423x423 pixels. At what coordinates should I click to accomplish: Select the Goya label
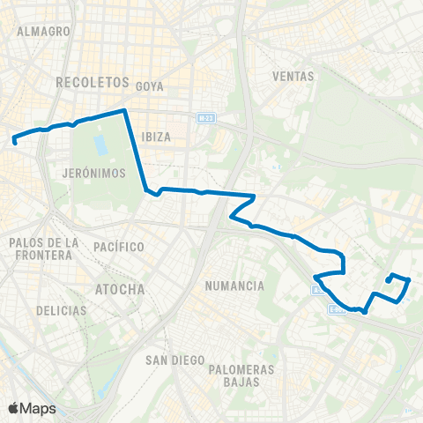(151, 85)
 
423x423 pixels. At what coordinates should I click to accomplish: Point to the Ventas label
(293, 76)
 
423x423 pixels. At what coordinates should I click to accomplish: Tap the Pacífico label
(118, 246)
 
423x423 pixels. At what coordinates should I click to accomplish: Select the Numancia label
(234, 286)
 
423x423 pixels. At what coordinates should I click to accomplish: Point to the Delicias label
(62, 310)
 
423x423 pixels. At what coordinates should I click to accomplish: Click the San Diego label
(174, 360)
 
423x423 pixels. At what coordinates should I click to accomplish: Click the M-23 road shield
(205, 117)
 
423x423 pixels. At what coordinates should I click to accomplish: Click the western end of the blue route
(15, 141)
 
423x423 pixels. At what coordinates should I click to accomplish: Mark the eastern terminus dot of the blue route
(388, 281)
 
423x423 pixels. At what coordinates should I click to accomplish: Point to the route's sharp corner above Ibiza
(126, 110)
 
